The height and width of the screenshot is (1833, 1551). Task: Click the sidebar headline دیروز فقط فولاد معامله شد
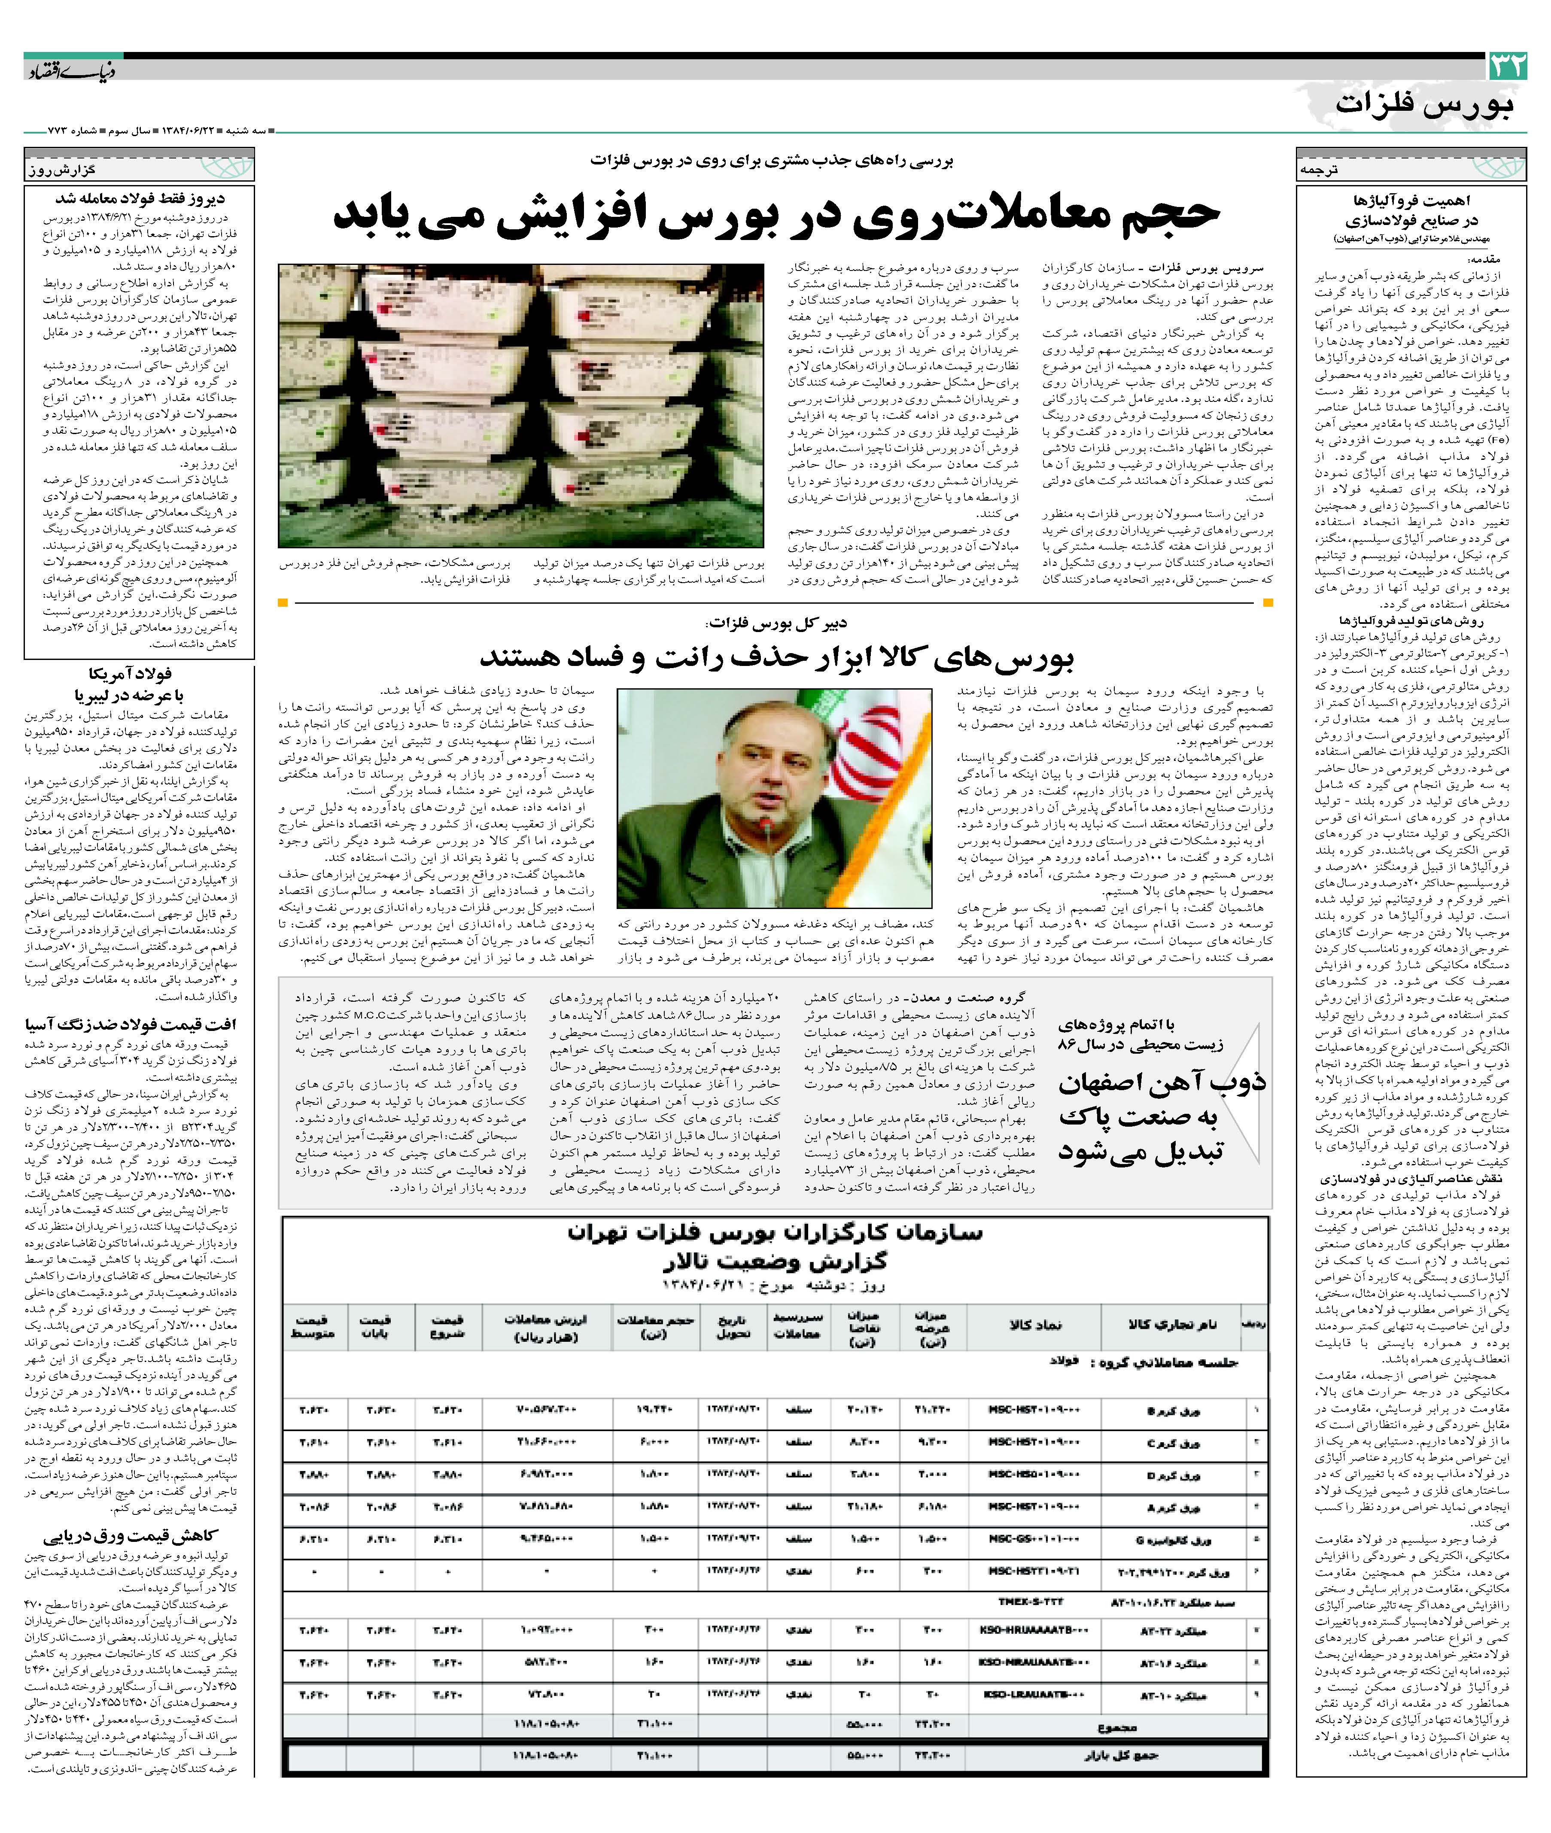pos(141,199)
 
